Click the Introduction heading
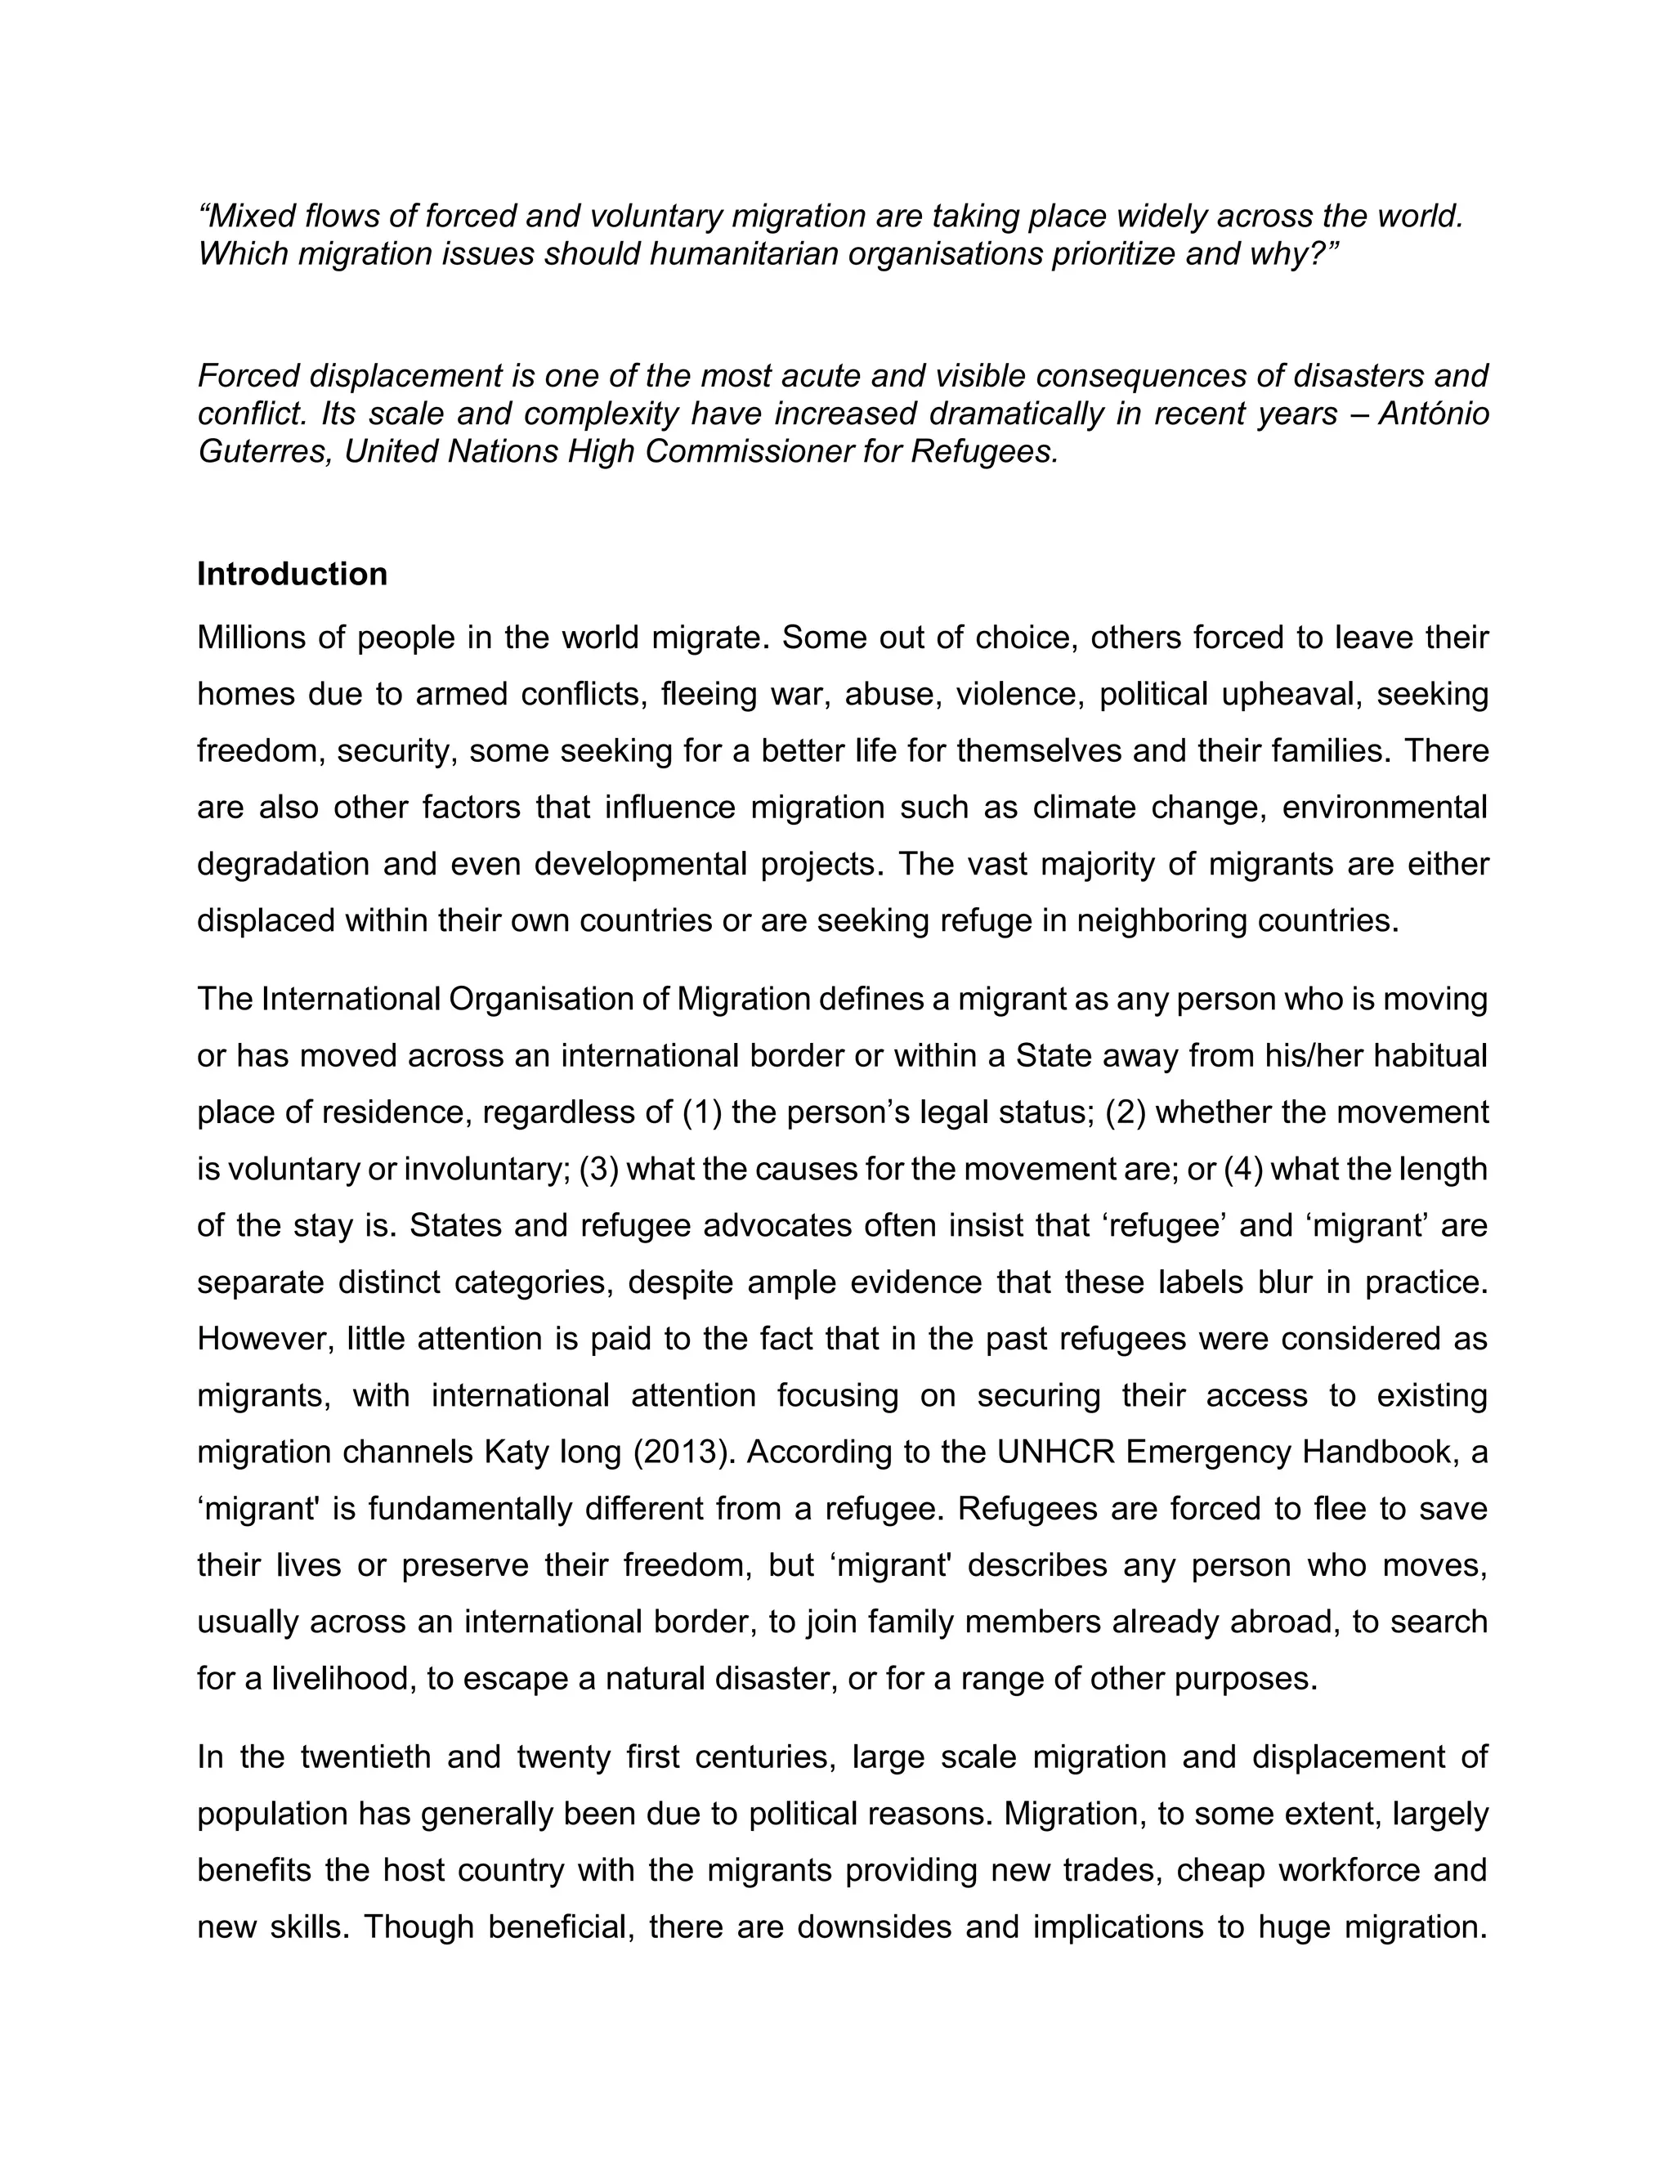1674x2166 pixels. pos(292,575)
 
